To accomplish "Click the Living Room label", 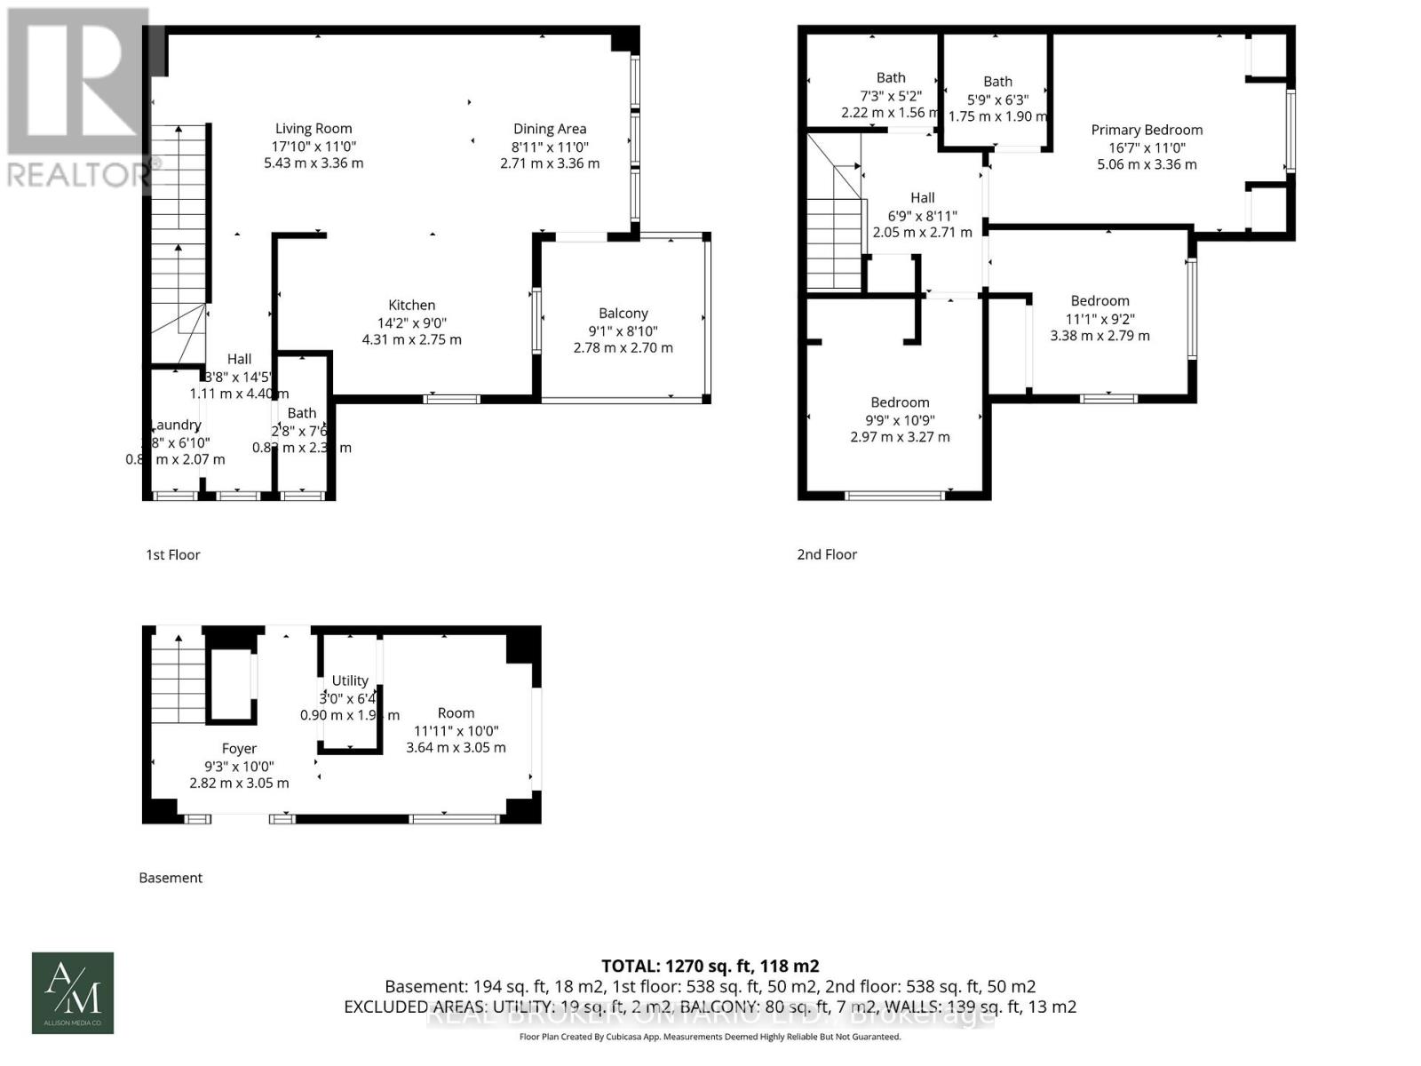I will coord(314,129).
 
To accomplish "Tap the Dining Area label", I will coord(549,129).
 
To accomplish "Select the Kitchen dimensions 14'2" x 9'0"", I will coord(411,323).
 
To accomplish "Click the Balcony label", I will coord(623,313).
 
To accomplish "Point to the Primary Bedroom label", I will coord(1147,130).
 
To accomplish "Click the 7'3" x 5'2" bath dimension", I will coord(890,96).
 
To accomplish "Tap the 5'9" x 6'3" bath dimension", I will coord(997,99).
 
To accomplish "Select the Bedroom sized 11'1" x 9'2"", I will coord(1099,301).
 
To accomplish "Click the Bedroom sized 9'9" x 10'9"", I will coord(900,402).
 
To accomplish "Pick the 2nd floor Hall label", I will coord(922,198).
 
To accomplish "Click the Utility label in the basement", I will coord(350,680).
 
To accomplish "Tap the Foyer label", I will coord(239,749).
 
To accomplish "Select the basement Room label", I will coord(456,713).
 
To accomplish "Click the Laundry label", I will coord(177,426).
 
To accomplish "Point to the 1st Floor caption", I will coord(173,554).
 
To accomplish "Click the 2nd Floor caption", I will coord(827,554).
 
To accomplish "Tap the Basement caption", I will coord(171,878).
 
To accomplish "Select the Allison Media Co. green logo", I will coord(73,993).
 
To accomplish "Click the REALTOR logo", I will coord(78,98).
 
